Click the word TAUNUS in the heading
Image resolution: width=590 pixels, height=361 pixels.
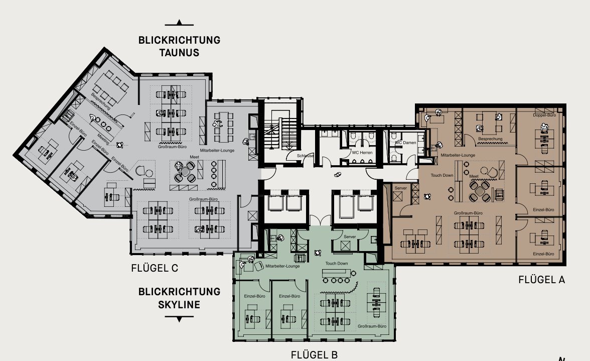pyautogui.click(x=179, y=53)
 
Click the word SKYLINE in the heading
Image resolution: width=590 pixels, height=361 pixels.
pyautogui.click(x=179, y=304)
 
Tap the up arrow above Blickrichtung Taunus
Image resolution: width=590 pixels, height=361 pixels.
pyautogui.click(x=179, y=23)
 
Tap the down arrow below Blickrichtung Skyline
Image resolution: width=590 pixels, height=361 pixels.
pyautogui.click(x=179, y=318)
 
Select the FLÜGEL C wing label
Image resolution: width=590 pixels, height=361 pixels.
pyautogui.click(x=154, y=268)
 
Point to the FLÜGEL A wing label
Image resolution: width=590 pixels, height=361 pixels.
pyautogui.click(x=541, y=280)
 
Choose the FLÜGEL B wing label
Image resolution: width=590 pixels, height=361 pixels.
pyautogui.click(x=314, y=355)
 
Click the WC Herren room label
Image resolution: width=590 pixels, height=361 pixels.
pyautogui.click(x=362, y=151)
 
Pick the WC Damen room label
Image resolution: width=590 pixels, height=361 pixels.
pyautogui.click(x=405, y=143)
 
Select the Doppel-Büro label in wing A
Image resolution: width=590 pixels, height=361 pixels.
pyautogui.click(x=545, y=115)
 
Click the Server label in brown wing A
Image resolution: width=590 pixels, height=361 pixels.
pyautogui.click(x=401, y=187)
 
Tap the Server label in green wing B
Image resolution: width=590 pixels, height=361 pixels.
pyautogui.click(x=350, y=236)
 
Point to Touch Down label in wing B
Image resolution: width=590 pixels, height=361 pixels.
pyautogui.click(x=336, y=263)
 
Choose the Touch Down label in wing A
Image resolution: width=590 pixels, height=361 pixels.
pyautogui.click(x=441, y=175)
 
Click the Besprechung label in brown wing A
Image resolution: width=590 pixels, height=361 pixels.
pyautogui.click(x=490, y=139)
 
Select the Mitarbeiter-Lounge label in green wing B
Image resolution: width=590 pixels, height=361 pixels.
pyautogui.click(x=282, y=266)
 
